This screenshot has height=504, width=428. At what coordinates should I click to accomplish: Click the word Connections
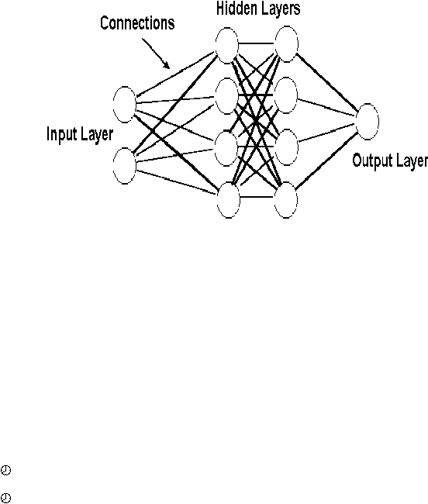click(x=137, y=23)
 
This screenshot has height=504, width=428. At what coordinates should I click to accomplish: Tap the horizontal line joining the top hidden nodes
click(x=257, y=43)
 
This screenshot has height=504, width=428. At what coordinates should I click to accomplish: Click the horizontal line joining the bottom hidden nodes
click(x=257, y=197)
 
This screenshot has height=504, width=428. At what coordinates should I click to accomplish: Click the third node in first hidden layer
click(x=226, y=148)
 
